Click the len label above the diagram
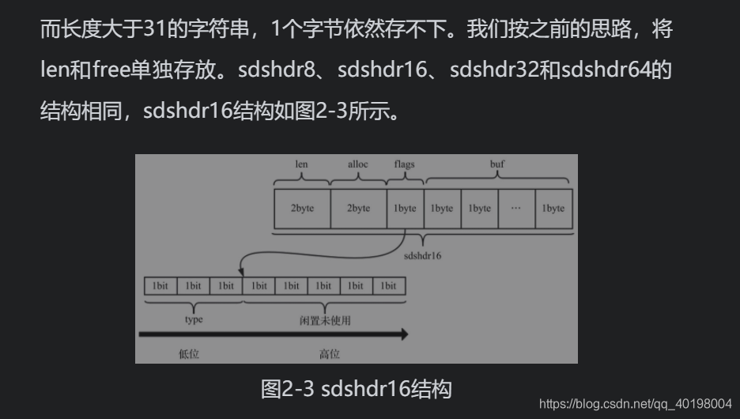point(301,164)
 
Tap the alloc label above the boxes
point(358,164)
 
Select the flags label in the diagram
point(404,164)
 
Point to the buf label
point(497,164)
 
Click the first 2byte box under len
point(302,208)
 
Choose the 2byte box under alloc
point(358,208)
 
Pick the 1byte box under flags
point(405,208)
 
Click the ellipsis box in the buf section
point(516,208)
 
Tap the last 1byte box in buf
point(553,208)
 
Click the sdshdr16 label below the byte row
point(422,256)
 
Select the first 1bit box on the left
point(160,285)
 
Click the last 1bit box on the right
point(388,285)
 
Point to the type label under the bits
point(193,319)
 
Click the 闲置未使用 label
point(324,320)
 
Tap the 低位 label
point(189,355)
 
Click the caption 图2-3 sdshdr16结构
point(356,389)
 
